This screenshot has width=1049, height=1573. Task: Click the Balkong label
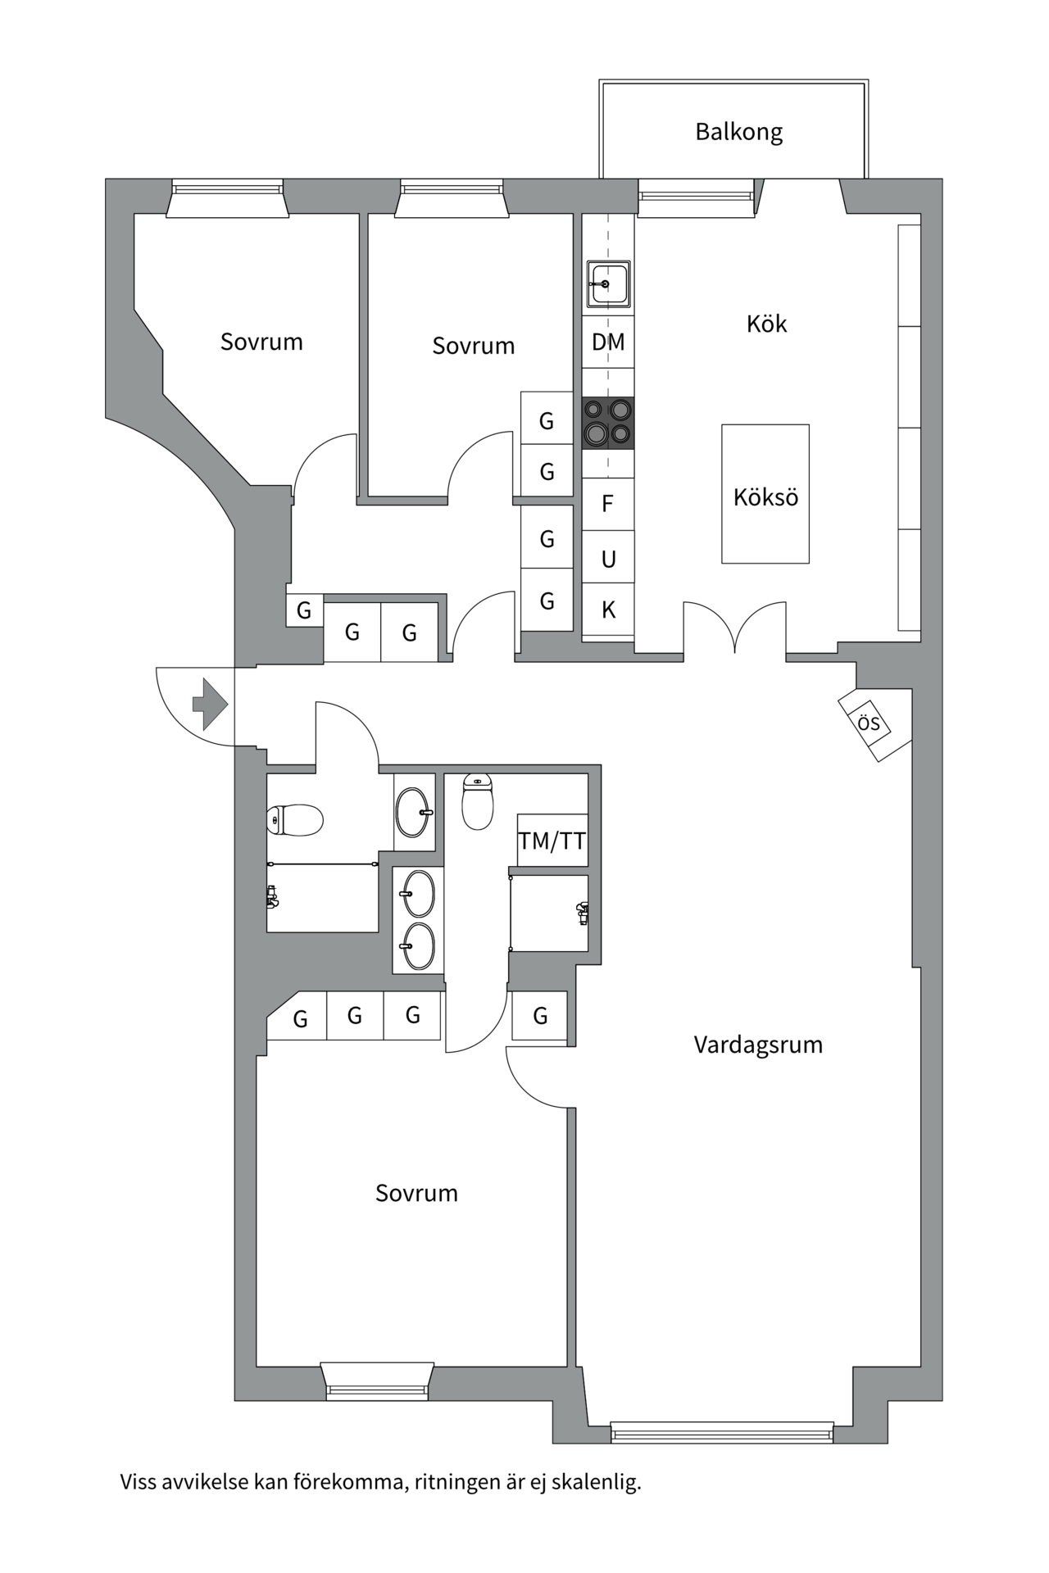(x=738, y=132)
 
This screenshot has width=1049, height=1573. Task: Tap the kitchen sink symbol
(x=608, y=283)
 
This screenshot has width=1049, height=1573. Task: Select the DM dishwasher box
(x=608, y=342)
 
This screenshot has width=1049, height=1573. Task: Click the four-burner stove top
(x=608, y=423)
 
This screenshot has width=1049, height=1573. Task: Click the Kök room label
(x=766, y=324)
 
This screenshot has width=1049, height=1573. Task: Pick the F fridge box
(x=608, y=503)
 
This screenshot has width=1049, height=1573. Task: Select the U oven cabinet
(x=608, y=559)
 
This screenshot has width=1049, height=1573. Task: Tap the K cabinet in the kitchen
(x=608, y=610)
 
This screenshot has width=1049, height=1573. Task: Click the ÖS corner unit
(x=870, y=723)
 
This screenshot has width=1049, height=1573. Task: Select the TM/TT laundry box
(x=552, y=841)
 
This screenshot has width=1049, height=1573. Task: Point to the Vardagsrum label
(x=758, y=1045)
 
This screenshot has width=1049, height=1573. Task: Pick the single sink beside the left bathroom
(x=414, y=812)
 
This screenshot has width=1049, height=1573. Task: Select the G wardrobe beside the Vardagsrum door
(x=540, y=1016)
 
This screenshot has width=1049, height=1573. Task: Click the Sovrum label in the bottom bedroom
(x=416, y=1193)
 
